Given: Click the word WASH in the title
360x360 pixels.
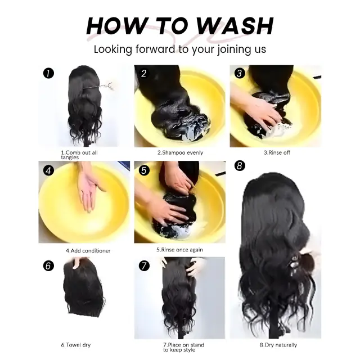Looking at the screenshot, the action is click(235, 26).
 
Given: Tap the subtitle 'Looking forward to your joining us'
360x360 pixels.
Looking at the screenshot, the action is click(180, 49).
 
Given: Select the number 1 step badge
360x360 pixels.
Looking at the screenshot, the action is click(48, 74).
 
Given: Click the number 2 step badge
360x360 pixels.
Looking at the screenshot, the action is click(144, 74).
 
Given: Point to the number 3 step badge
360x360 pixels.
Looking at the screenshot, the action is click(240, 74).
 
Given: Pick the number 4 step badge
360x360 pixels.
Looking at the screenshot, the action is click(48, 170).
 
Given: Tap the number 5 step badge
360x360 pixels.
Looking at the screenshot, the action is click(144, 170).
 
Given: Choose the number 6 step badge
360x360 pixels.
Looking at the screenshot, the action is click(48, 266).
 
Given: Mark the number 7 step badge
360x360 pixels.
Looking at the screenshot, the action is click(144, 266).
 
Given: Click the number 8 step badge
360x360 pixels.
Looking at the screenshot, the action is click(240, 165).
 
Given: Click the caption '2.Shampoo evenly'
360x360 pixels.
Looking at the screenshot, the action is click(180, 152).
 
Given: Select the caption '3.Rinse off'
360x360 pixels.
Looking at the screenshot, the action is click(277, 152).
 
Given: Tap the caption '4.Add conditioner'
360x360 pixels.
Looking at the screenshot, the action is click(88, 251).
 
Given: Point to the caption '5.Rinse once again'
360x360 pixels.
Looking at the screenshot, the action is click(179, 250).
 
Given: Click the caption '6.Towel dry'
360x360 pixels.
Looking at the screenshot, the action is click(76, 345).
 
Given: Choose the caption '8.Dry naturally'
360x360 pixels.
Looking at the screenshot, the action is click(278, 345).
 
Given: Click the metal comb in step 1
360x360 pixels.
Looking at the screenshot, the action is click(99, 86).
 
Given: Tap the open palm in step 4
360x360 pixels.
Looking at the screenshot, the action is click(88, 188).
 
